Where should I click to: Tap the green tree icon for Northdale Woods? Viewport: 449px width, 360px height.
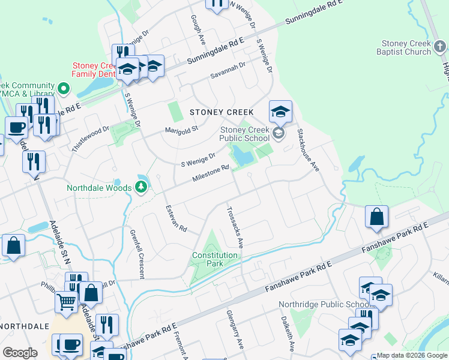pyautogui.click(x=141, y=188)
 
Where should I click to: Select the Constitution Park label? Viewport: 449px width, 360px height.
pyautogui.click(x=215, y=259)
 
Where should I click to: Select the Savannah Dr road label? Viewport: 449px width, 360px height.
pyautogui.click(x=228, y=71)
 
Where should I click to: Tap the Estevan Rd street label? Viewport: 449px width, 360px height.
pyautogui.click(x=176, y=219)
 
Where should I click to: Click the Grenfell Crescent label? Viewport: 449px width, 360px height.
pyautogui.click(x=136, y=253)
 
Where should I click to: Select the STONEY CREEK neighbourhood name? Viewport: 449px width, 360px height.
pyautogui.click(x=221, y=112)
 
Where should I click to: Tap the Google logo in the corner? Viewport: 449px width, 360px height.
pyautogui.click(x=20, y=353)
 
